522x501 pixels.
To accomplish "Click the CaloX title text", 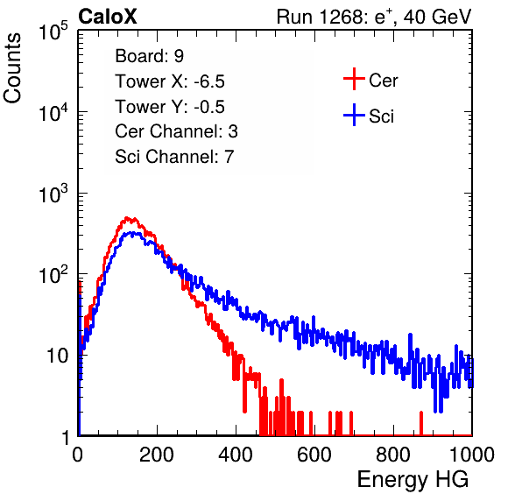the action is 107,17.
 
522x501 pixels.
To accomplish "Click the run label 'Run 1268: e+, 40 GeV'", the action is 374,17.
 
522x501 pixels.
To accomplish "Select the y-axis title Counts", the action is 12,68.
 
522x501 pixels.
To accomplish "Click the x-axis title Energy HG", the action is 413,479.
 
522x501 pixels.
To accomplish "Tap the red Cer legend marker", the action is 354,79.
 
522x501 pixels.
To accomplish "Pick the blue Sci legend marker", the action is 354,115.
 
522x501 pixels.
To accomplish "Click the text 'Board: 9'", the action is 149,56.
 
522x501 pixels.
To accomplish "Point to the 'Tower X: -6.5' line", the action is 170,81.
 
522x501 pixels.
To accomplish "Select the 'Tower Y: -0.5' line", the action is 170,107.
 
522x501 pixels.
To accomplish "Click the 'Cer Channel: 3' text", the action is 176,131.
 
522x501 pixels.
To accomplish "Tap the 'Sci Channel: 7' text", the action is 174,157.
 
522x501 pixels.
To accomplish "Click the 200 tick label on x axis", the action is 157,455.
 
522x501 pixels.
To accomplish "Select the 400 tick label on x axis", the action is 236,455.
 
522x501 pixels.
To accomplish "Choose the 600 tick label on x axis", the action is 314,455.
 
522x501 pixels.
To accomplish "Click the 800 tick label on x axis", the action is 393,455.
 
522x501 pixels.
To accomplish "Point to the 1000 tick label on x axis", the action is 472,455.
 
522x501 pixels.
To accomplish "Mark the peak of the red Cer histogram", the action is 126,218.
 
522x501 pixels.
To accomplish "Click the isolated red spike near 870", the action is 421,423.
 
